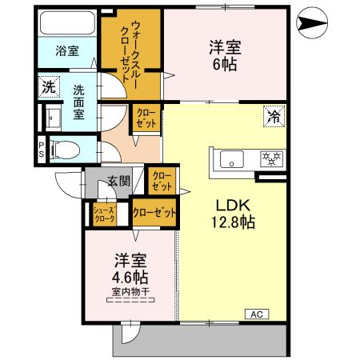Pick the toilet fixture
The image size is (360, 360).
coord(68,148)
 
